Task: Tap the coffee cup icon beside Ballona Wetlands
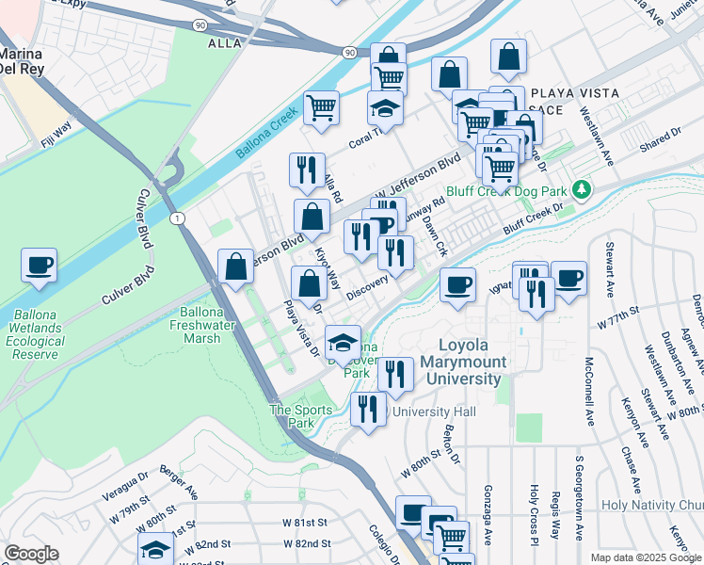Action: (40, 266)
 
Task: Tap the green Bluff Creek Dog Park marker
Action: (583, 190)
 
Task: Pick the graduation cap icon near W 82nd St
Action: (156, 550)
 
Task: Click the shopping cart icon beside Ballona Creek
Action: (322, 108)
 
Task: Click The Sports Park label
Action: (300, 416)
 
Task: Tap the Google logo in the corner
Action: (31, 553)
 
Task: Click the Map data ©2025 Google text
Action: (644, 557)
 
